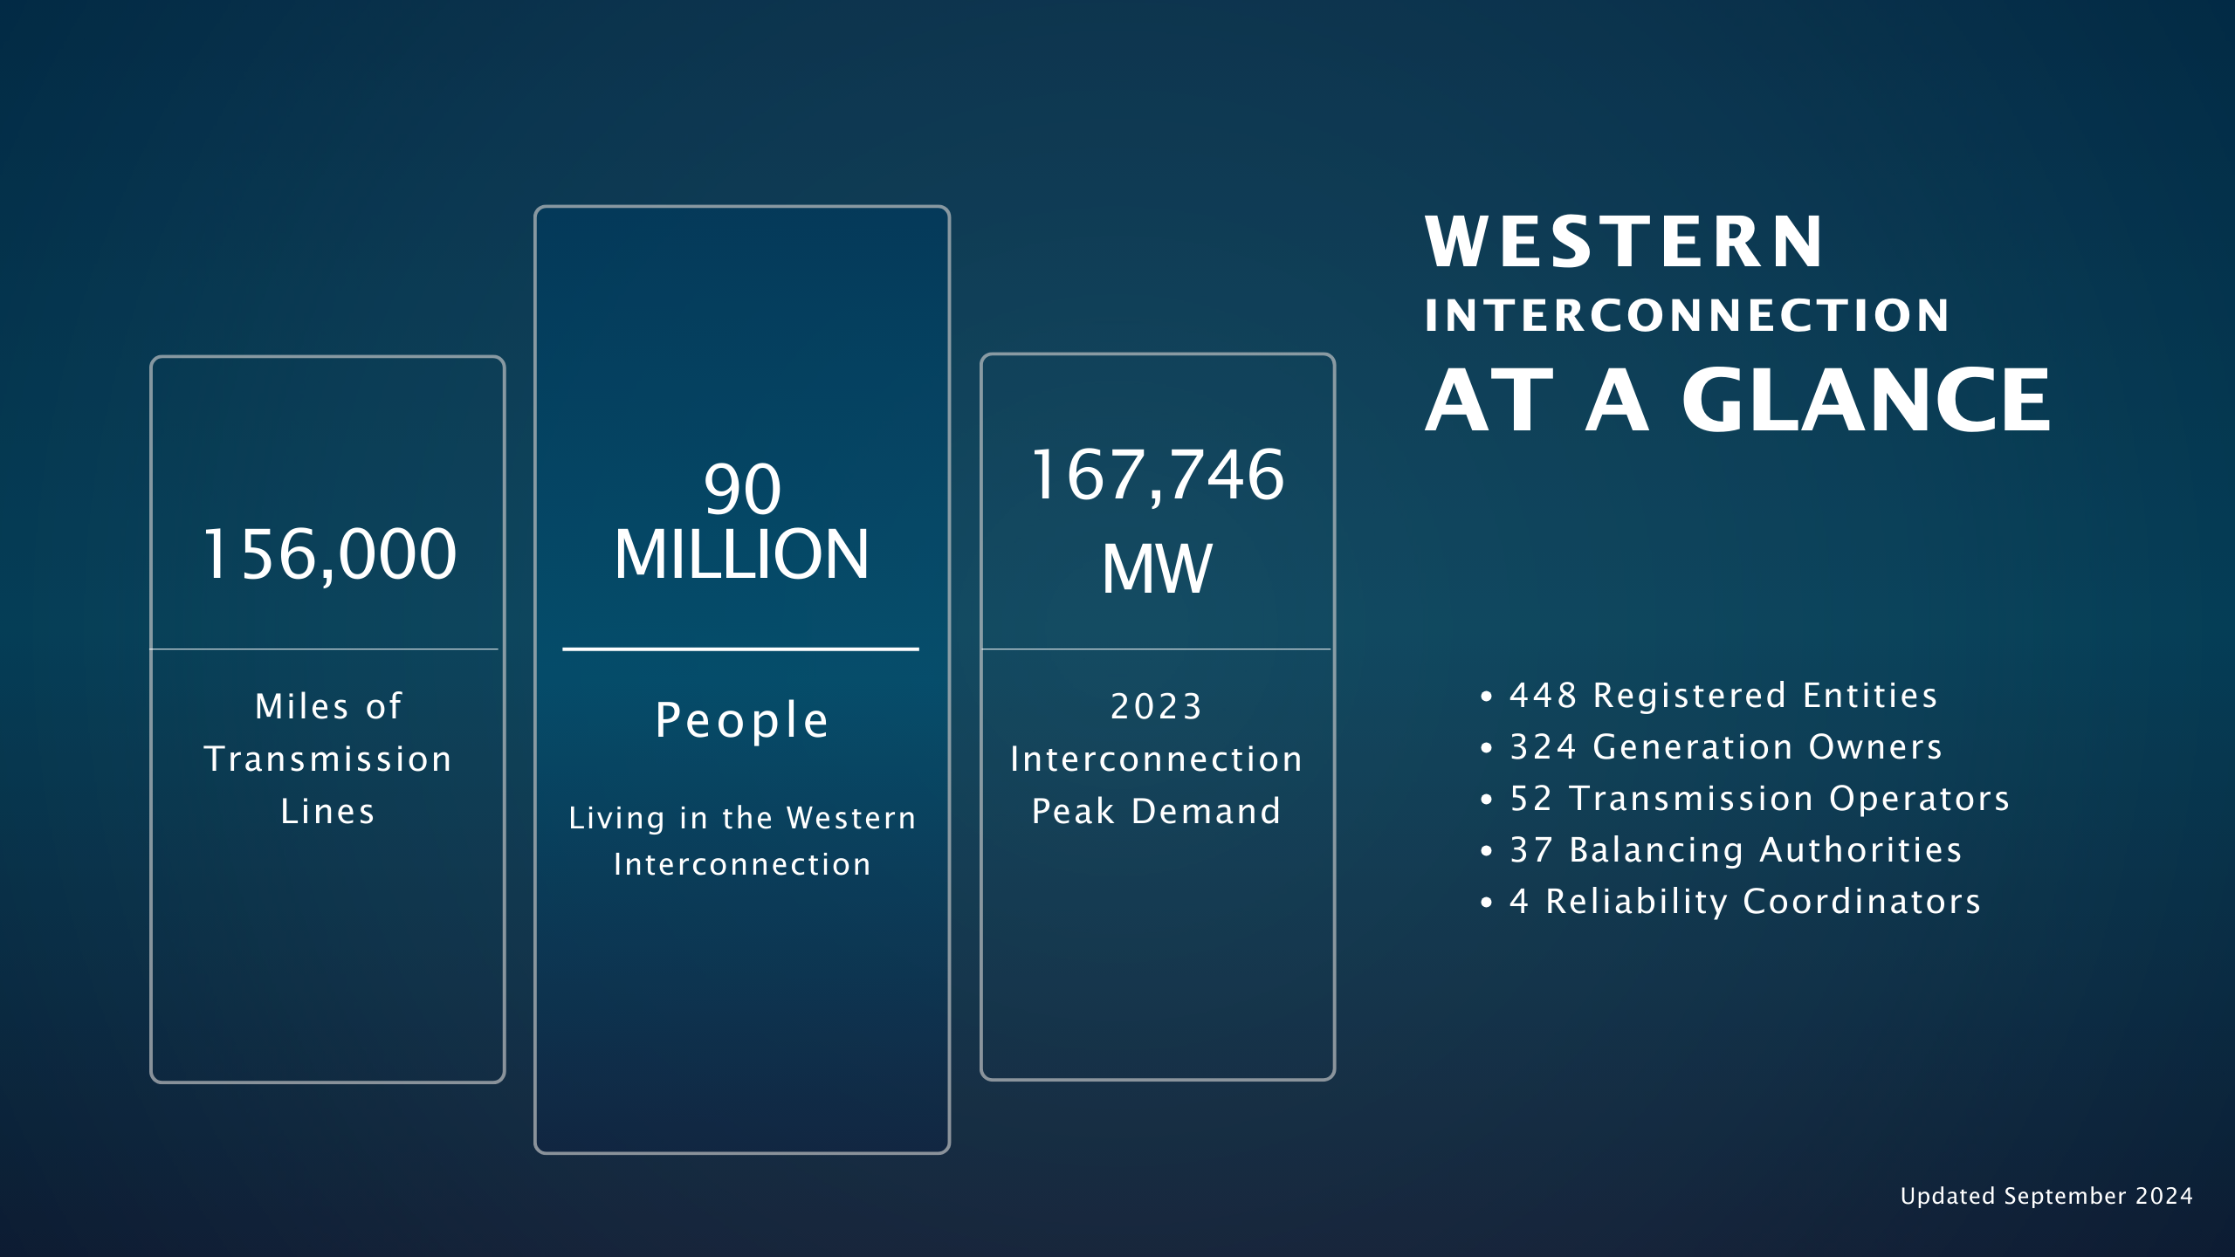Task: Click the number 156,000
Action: coord(329,555)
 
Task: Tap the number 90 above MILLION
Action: coord(742,489)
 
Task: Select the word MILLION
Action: coord(742,554)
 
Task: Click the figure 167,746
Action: coord(1158,477)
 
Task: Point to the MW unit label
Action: coord(1157,569)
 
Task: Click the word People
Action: coord(742,720)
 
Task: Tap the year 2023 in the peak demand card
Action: coord(1157,706)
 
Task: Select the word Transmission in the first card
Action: coord(328,759)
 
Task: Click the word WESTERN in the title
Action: coord(1624,242)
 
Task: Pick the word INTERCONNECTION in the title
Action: coord(1687,315)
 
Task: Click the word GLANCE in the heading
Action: coord(1866,400)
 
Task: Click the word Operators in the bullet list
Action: coord(1920,800)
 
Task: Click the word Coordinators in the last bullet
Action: coord(1862,902)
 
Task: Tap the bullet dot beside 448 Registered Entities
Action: coord(1487,697)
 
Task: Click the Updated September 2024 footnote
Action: coord(2046,1196)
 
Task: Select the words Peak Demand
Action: coord(1157,812)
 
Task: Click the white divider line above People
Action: coord(740,649)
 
